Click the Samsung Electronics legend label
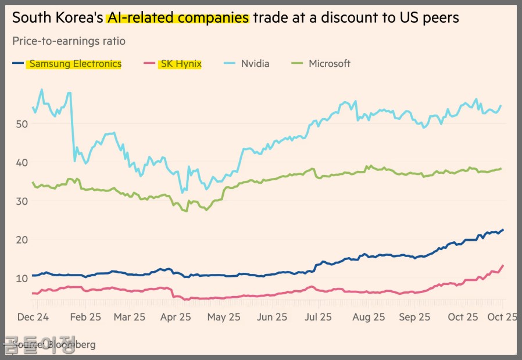[x=76, y=64]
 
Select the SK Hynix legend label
[x=180, y=64]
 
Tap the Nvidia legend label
[x=255, y=64]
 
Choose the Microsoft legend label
[x=330, y=64]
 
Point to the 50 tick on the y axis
[x=22, y=124]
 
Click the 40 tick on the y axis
[x=22, y=162]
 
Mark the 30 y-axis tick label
[x=22, y=201]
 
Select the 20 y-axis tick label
[x=22, y=240]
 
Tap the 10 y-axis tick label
[x=22, y=278]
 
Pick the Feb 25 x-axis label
[x=86, y=318]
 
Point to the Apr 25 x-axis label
[x=176, y=318]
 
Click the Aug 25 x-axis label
[x=369, y=318]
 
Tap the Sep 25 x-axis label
[x=416, y=318]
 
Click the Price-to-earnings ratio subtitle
[x=69, y=41]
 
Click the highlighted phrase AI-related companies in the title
[x=178, y=18]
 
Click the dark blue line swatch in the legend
[x=19, y=64]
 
